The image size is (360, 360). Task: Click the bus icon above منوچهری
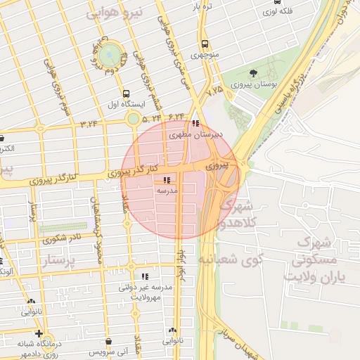tap(205, 43)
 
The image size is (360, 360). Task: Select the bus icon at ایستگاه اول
tap(126, 94)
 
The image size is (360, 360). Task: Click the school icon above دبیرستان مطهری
tap(195, 123)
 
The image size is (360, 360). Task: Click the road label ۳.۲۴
tap(89, 124)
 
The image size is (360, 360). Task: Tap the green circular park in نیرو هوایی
tap(108, 55)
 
